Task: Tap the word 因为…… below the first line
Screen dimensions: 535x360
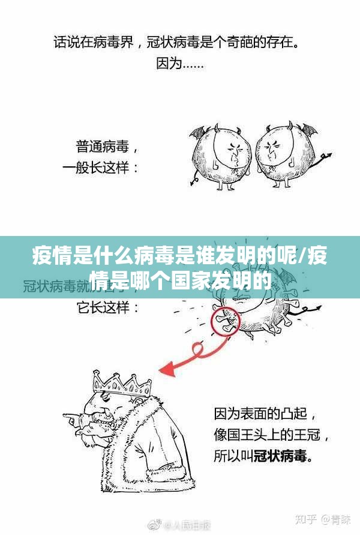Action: pyautogui.click(x=179, y=63)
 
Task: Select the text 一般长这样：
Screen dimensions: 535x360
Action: pyautogui.click(x=101, y=168)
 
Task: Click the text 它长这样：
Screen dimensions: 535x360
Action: pyautogui.click(x=109, y=309)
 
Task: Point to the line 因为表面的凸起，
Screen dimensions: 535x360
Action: pyautogui.click(x=266, y=414)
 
